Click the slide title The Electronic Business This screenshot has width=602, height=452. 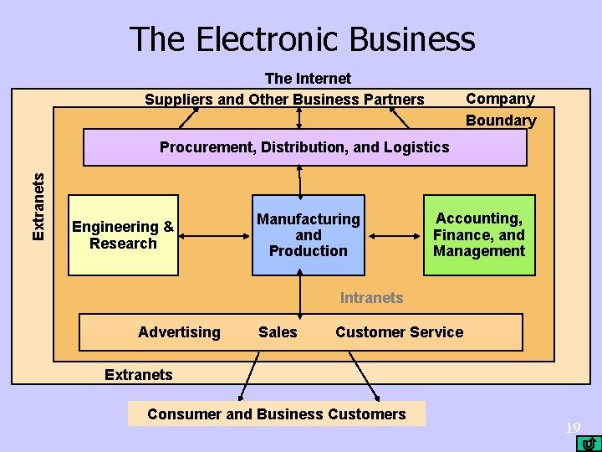point(302,39)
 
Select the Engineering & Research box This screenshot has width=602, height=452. point(123,235)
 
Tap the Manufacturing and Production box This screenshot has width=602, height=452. point(308,235)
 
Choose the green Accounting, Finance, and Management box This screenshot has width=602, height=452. point(479,235)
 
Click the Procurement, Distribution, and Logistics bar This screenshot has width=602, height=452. point(304,147)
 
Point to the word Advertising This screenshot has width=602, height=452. point(179,332)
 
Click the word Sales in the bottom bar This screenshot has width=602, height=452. point(278,332)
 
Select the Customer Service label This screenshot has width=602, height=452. point(399,332)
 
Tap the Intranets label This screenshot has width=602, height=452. point(371,298)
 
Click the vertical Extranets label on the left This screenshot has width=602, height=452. point(38,205)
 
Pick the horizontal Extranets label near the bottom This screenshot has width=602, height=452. point(139,375)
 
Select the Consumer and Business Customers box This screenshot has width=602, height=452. point(276,414)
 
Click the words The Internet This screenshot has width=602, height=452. point(308,79)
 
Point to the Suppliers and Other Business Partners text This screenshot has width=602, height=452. point(284,100)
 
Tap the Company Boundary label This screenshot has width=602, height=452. point(500,110)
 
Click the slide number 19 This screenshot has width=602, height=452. point(573,429)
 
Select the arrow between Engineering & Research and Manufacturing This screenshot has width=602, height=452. point(216,235)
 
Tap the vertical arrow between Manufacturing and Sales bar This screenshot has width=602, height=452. point(300,295)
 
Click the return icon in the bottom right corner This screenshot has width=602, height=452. point(589,443)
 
